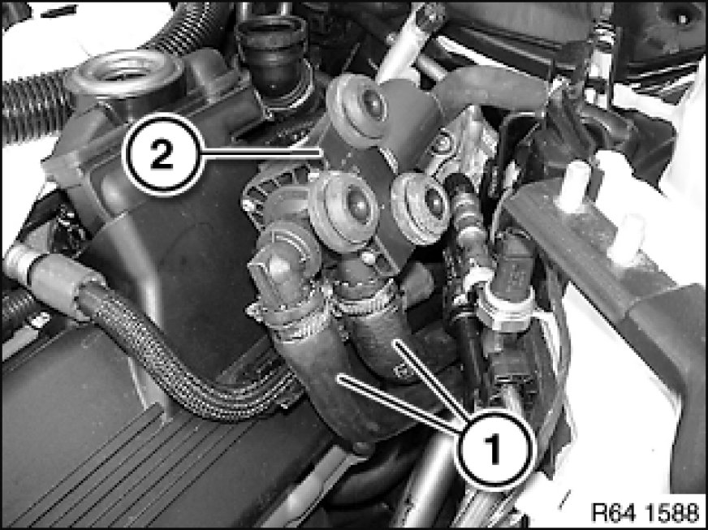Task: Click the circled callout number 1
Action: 494,449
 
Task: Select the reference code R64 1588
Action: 645,513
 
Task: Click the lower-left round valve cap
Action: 344,210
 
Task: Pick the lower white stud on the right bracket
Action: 627,239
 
